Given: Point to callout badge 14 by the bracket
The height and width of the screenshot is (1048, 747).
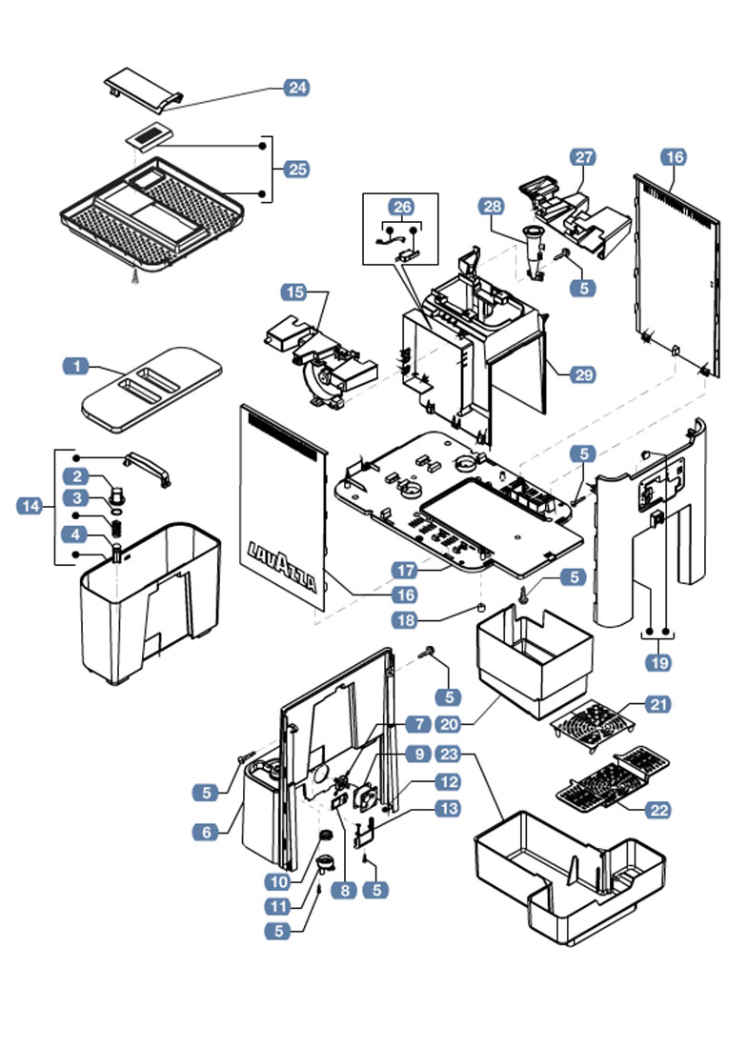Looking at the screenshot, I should pos(31,507).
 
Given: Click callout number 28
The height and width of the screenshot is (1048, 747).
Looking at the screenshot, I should pos(492,208).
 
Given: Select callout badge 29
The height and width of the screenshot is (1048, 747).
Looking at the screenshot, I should pos(581,375).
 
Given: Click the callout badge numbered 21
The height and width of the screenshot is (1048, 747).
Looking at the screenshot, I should pos(657,705).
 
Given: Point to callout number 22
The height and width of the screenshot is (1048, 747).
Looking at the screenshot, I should pos(657,810).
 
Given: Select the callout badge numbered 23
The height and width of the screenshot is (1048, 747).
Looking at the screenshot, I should pos(449,754).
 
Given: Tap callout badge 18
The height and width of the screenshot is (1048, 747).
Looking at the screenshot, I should pos(407,621).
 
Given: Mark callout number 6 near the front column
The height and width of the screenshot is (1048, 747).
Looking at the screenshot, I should pos(206,832).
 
